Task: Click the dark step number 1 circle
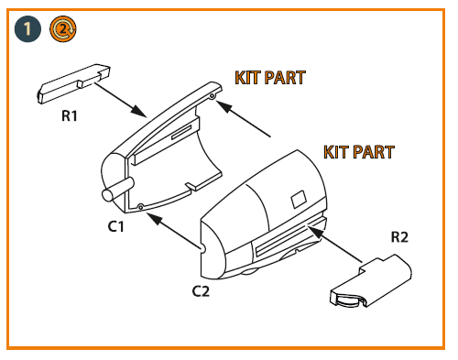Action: tap(27, 29)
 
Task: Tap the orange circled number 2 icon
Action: tap(63, 29)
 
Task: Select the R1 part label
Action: tap(70, 115)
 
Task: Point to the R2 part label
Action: tap(399, 237)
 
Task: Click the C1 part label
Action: tap(115, 226)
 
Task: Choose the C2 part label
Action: tap(201, 291)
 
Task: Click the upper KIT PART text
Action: tap(270, 78)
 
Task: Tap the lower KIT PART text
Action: tap(359, 152)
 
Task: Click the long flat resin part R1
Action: tap(73, 83)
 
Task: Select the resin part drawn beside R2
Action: tap(371, 281)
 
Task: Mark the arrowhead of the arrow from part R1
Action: tap(138, 111)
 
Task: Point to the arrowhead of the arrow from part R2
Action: tap(315, 231)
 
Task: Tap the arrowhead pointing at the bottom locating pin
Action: tap(155, 218)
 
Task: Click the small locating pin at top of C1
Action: tap(213, 96)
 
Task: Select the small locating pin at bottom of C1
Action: tap(140, 207)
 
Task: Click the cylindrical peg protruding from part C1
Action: tap(118, 189)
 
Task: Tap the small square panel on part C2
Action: tap(299, 199)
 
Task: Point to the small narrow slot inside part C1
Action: tap(181, 132)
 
